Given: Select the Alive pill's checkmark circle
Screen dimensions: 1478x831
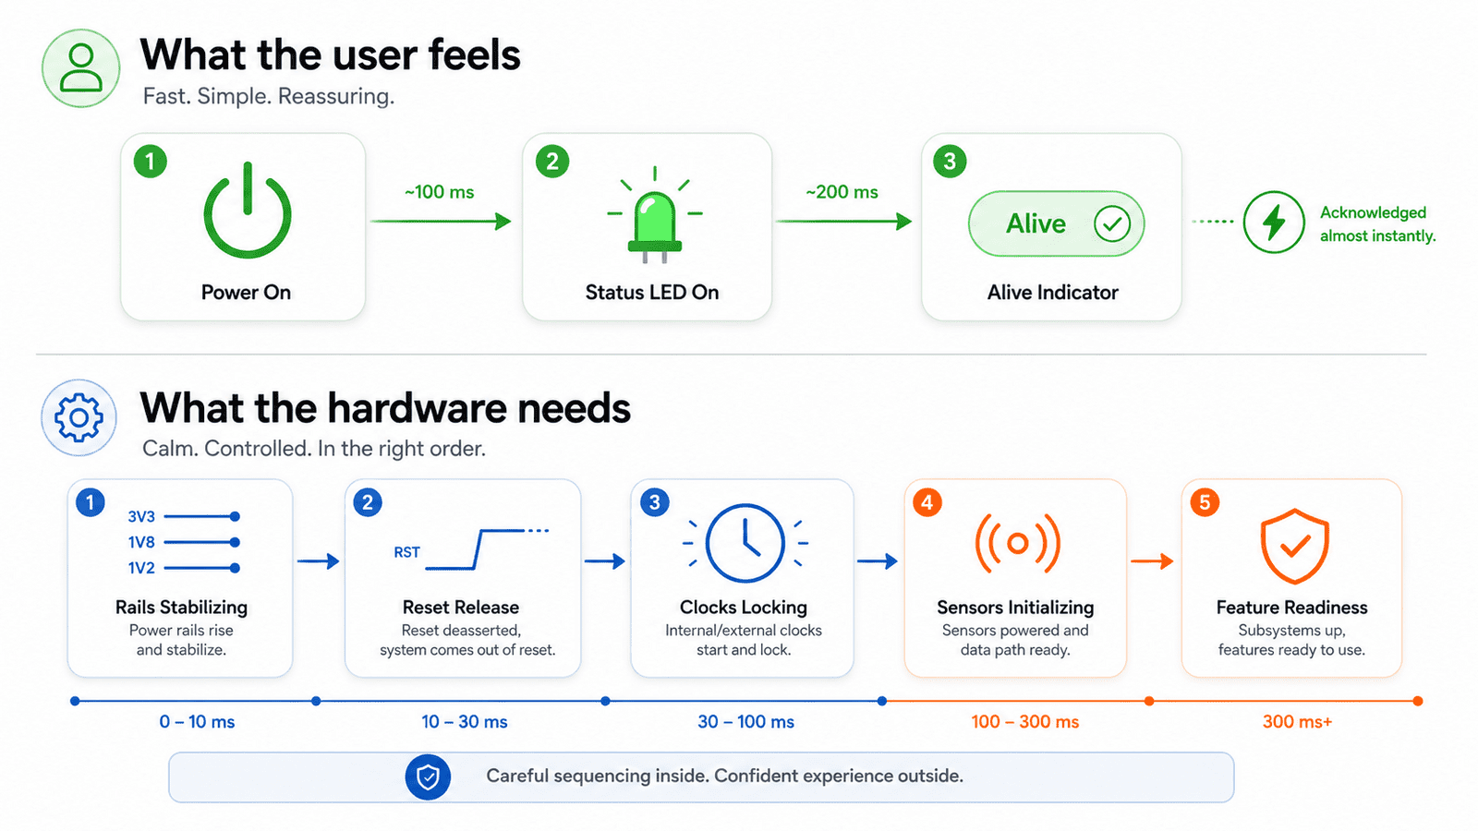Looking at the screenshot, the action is pyautogui.click(x=1112, y=223).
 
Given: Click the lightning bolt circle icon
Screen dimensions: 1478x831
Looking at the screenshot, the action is pyautogui.click(x=1274, y=223).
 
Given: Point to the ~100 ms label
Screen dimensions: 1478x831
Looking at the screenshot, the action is pyautogui.click(x=440, y=192).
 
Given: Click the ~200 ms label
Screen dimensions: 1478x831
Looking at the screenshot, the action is pyautogui.click(x=842, y=192).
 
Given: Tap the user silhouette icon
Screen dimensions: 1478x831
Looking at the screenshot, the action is pyautogui.click(x=81, y=68).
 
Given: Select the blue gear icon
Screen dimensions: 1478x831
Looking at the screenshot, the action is pyautogui.click(x=79, y=417).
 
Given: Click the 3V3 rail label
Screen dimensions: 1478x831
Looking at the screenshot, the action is pyautogui.click(x=141, y=516).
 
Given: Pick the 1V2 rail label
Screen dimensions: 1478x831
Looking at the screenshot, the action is pyautogui.click(x=141, y=568).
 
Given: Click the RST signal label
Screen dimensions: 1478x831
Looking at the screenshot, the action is pyautogui.click(x=406, y=552).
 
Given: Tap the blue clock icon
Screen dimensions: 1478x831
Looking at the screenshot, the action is pyautogui.click(x=745, y=543).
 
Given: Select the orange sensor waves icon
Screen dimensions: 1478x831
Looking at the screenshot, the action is pyautogui.click(x=1017, y=543).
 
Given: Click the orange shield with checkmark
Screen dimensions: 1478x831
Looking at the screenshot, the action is pyautogui.click(x=1294, y=546).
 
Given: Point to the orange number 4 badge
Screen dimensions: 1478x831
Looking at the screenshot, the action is pyautogui.click(x=927, y=502).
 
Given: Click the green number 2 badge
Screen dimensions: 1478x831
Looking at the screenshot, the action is pyautogui.click(x=552, y=162).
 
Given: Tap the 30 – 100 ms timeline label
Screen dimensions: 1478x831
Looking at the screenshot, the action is pyautogui.click(x=745, y=721).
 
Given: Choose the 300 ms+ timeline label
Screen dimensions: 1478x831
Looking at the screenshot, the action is pyautogui.click(x=1297, y=721).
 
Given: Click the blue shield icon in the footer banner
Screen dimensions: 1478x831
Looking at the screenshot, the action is pyautogui.click(x=428, y=777).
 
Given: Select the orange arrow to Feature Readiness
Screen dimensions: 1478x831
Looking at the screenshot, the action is pyautogui.click(x=1152, y=561).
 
